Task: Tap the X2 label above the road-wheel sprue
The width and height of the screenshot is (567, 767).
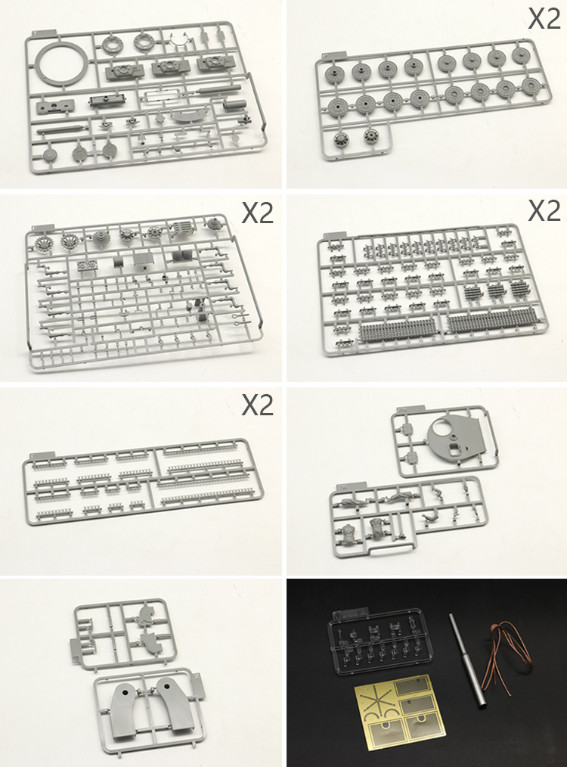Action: pyautogui.click(x=544, y=20)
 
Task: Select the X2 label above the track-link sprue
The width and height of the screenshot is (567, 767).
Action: pyautogui.click(x=544, y=212)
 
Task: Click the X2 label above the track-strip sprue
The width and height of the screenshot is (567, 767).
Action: pyautogui.click(x=258, y=405)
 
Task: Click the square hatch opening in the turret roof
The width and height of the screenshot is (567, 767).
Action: pyautogui.click(x=455, y=450)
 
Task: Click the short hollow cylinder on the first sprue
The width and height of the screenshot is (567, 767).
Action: pyautogui.click(x=233, y=104)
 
